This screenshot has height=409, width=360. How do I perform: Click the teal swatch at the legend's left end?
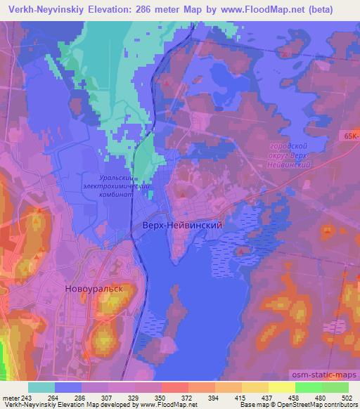(42, 387)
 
